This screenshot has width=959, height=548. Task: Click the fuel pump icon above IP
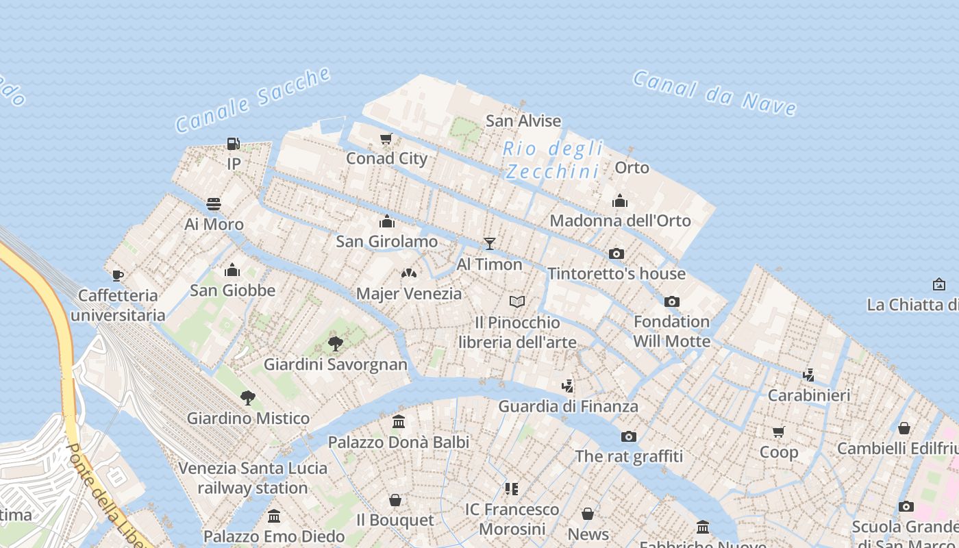coord(234,144)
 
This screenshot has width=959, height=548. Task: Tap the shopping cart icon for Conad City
coord(386,139)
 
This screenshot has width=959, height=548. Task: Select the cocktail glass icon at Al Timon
coord(489,243)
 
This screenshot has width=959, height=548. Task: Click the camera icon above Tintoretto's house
coord(616,253)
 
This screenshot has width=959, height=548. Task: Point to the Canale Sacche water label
coord(253,100)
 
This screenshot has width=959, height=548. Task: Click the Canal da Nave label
coord(714,92)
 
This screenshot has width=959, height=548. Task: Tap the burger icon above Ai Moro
coord(214,204)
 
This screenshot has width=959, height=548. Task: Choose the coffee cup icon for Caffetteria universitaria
coord(118,275)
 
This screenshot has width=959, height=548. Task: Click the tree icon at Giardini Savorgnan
coord(336,343)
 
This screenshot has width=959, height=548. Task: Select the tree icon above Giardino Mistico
coord(248,397)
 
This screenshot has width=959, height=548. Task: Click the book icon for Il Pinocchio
coord(517,301)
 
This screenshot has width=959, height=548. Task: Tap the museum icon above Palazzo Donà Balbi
coord(399,421)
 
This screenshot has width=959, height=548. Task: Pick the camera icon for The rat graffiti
coord(628,436)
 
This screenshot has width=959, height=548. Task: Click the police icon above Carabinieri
coord(808,375)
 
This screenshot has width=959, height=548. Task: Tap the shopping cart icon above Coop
coord(778,432)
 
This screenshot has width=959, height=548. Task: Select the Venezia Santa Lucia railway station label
coord(253,478)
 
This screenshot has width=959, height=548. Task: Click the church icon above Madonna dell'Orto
coord(620,201)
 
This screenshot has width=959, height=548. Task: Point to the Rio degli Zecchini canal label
coord(553,160)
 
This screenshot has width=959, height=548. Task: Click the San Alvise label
coord(523,121)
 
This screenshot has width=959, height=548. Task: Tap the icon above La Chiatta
coord(938,284)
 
